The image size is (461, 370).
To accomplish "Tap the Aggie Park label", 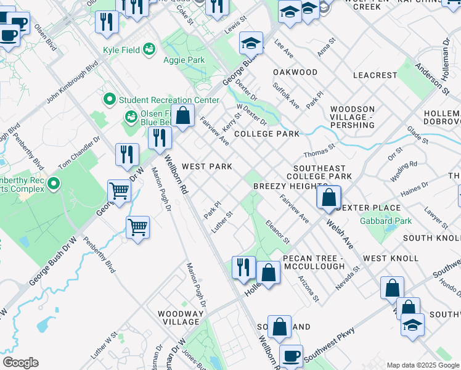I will click(184, 60).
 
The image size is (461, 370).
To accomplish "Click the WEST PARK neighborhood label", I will click(207, 166).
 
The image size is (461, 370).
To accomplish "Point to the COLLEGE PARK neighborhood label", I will click(266, 134).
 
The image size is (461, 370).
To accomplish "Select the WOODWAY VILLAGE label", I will click(181, 318).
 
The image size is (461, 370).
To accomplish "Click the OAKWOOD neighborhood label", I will click(295, 72).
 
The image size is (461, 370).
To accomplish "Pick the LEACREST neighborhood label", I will click(375, 75).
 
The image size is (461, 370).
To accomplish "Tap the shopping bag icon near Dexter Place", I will click(329, 198).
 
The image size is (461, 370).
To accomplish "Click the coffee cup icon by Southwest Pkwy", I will click(291, 356).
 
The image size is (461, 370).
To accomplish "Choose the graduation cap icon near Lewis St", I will click(251, 43).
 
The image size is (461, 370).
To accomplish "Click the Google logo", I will click(21, 363).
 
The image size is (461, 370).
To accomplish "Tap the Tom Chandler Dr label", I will click(80, 154).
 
